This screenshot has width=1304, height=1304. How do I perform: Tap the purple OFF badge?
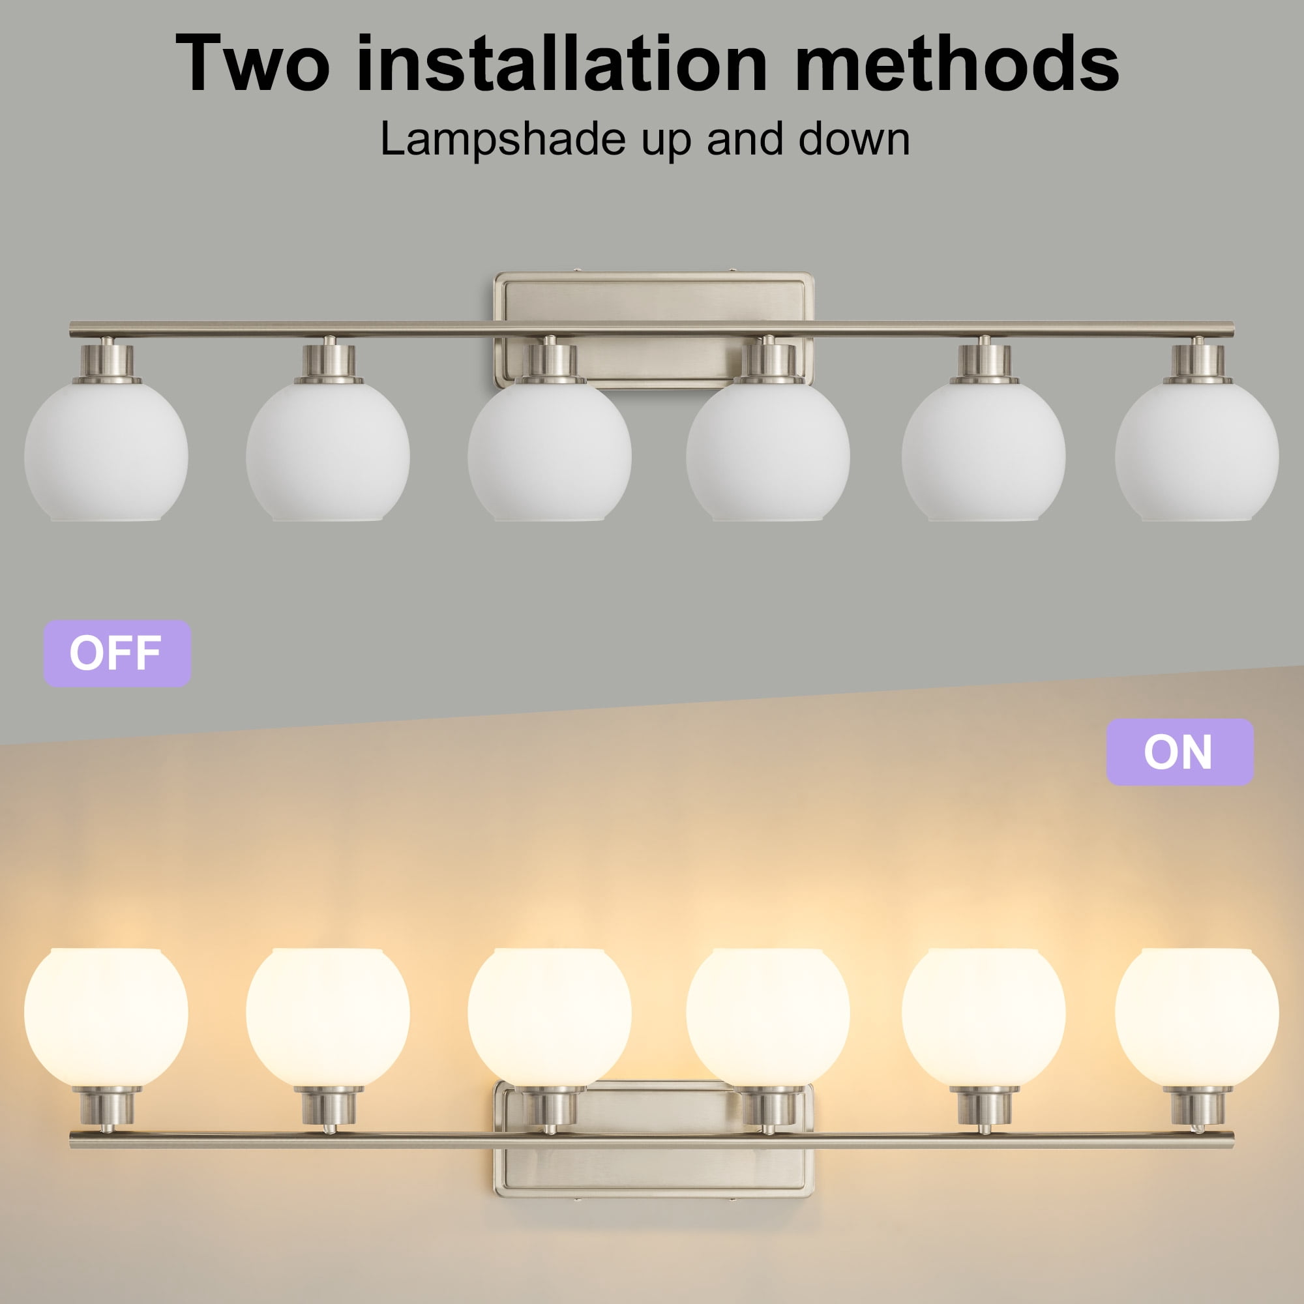[117, 653]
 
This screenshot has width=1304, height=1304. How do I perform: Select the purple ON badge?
[1180, 752]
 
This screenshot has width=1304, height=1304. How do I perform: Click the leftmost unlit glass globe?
[106, 452]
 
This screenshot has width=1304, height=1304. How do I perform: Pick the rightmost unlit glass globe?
[1196, 452]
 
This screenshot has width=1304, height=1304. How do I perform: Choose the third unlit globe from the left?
[550, 452]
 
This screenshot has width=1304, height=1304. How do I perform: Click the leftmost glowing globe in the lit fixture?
[106, 1018]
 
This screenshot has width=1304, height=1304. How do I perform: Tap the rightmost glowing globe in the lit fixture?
[1196, 1018]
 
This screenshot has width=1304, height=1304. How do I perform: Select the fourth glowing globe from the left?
[768, 1018]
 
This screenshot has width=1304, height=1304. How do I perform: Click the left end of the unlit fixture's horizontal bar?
[72, 329]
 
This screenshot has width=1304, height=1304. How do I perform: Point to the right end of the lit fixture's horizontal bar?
[1232, 1140]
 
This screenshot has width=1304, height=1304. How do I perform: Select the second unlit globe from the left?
[328, 452]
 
